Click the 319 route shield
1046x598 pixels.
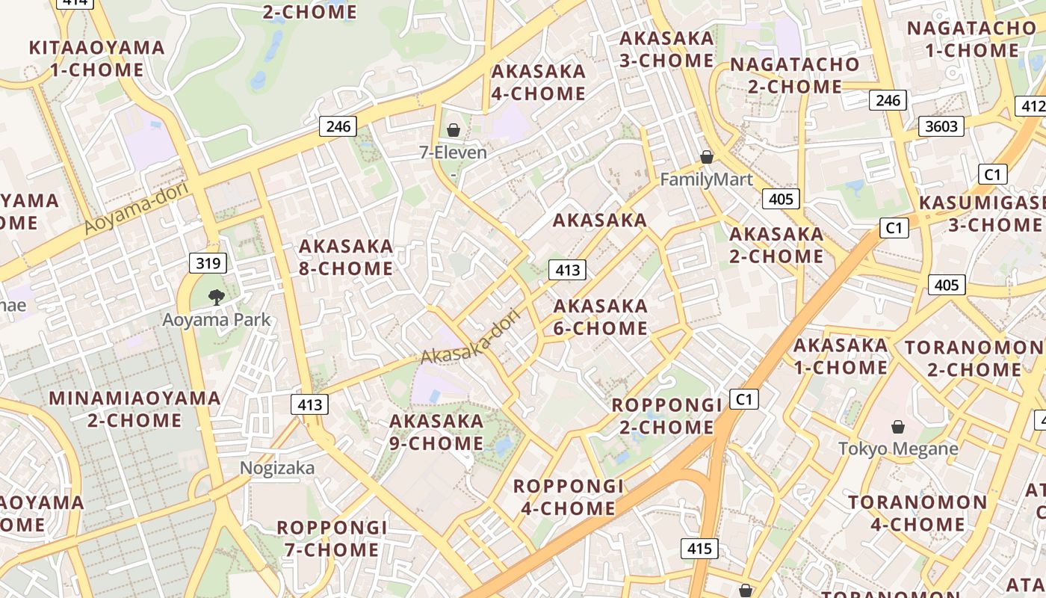coord(208,262)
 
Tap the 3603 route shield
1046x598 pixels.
coord(941,126)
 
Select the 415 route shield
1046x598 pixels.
coord(699,549)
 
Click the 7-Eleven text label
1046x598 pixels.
coord(453,152)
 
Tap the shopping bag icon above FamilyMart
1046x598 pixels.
coord(706,157)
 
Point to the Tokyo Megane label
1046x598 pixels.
coord(897,449)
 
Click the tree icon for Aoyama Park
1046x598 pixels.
coord(217,298)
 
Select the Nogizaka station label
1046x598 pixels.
coord(277,468)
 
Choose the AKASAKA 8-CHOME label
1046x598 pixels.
coord(346,257)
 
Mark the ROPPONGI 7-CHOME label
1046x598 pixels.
coord(332,539)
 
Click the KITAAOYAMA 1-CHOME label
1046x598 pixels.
coord(97,59)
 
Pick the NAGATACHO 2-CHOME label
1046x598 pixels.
coord(795,75)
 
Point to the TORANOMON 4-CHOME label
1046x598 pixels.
coord(917,513)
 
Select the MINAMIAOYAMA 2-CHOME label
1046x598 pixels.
coord(134,409)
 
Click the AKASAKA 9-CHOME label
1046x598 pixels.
coord(436,432)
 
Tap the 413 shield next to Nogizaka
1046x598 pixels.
coord(309,405)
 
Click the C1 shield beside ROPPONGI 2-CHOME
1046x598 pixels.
coord(743,399)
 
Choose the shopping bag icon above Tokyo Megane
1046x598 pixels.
coord(897,427)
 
